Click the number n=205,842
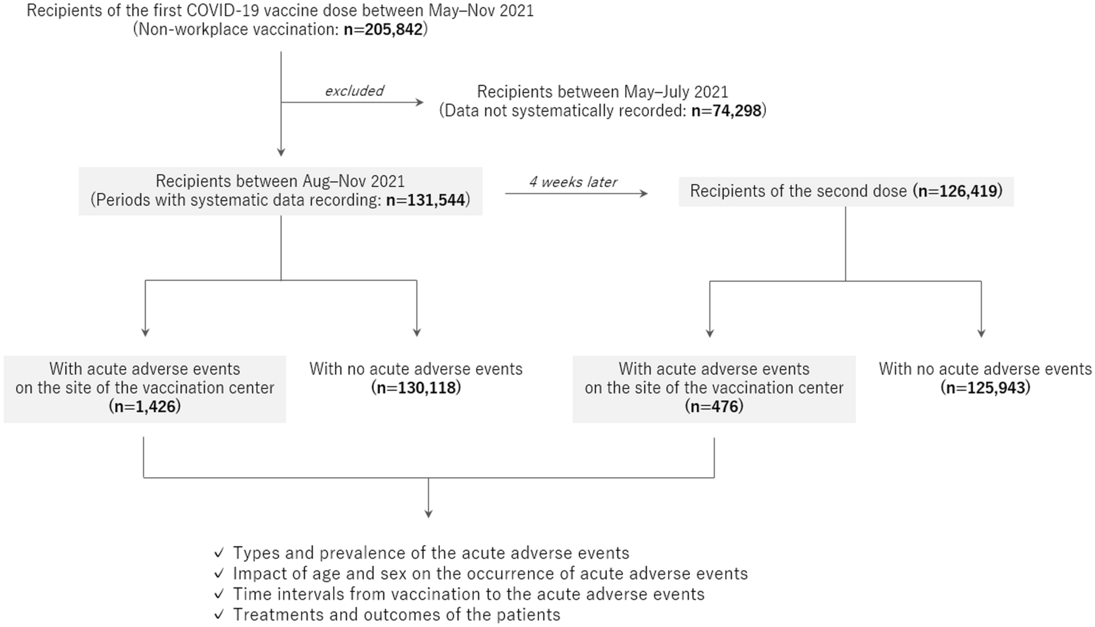[x=383, y=30]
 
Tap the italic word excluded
[x=354, y=91]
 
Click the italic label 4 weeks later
[x=573, y=182]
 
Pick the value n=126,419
[x=958, y=191]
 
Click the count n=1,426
[x=145, y=407]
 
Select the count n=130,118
[x=416, y=388]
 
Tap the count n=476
[x=714, y=407]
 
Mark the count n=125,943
[x=985, y=388]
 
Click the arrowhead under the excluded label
[x=421, y=103]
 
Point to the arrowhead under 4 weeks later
[x=644, y=194]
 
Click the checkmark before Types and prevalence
[x=218, y=553]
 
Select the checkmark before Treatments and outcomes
[x=218, y=615]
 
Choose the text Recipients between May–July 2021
[x=603, y=92]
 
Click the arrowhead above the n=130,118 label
[x=417, y=332]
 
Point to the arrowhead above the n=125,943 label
[x=981, y=333]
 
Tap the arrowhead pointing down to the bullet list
[x=428, y=513]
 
